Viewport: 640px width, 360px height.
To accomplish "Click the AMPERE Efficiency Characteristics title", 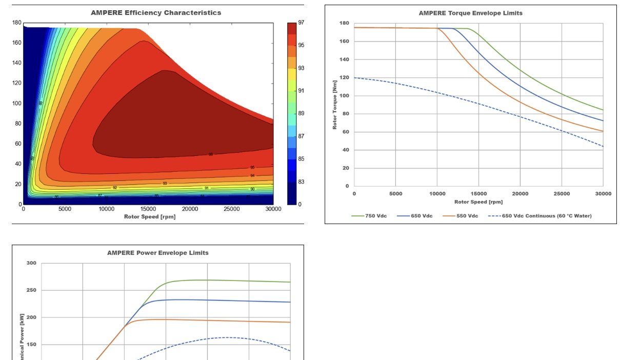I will [156, 13].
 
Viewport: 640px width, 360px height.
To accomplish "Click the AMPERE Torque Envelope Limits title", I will [470, 13].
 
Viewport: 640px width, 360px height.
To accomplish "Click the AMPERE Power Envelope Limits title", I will [157, 253].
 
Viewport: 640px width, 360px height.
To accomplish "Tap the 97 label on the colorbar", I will [302, 23].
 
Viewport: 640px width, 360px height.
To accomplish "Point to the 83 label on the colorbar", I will [302, 182].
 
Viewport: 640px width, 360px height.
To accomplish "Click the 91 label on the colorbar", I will [302, 91].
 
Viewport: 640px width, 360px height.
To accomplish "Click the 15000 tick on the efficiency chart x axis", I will [148, 209].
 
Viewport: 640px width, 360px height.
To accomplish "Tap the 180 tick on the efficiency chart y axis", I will [17, 23].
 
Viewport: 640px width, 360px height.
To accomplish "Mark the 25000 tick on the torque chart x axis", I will [562, 194].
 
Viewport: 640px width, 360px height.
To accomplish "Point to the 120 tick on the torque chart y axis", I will [344, 77].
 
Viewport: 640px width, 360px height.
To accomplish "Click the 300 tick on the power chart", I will [31, 263].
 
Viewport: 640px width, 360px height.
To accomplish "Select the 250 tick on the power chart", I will [31, 290].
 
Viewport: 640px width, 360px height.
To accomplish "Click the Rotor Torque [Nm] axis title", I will [335, 105].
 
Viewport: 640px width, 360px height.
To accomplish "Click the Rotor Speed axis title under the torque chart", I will [478, 202].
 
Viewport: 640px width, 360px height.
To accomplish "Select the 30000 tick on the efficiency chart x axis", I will [273, 209].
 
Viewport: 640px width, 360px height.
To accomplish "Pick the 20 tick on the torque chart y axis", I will [345, 168].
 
